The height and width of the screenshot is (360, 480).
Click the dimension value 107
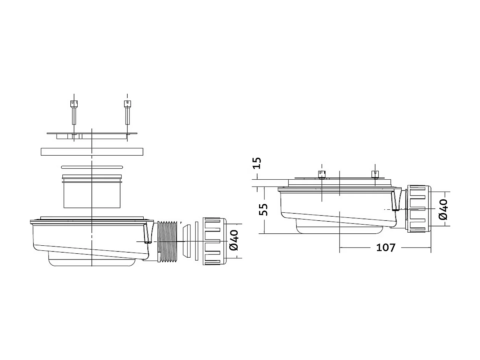pos(385,247)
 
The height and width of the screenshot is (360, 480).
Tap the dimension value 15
pos(257,163)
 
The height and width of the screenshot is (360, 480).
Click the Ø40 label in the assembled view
pos(443,209)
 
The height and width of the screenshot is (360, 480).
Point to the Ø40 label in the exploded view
pos(234,240)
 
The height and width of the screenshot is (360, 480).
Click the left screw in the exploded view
pos(74,112)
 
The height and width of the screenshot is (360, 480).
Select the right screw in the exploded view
pos(127,112)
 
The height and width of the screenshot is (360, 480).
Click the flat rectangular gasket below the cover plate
pos(93,152)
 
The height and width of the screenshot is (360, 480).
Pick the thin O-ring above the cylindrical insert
pos(93,167)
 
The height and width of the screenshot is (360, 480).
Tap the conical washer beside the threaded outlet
pos(186,241)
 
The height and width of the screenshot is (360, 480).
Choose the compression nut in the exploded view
pos(214,241)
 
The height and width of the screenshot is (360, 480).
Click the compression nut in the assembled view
pos(418,209)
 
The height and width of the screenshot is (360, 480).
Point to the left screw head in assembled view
pos(321,175)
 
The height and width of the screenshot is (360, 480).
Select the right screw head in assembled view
pos(376,175)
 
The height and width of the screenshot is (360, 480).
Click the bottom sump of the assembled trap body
pos(339,228)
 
